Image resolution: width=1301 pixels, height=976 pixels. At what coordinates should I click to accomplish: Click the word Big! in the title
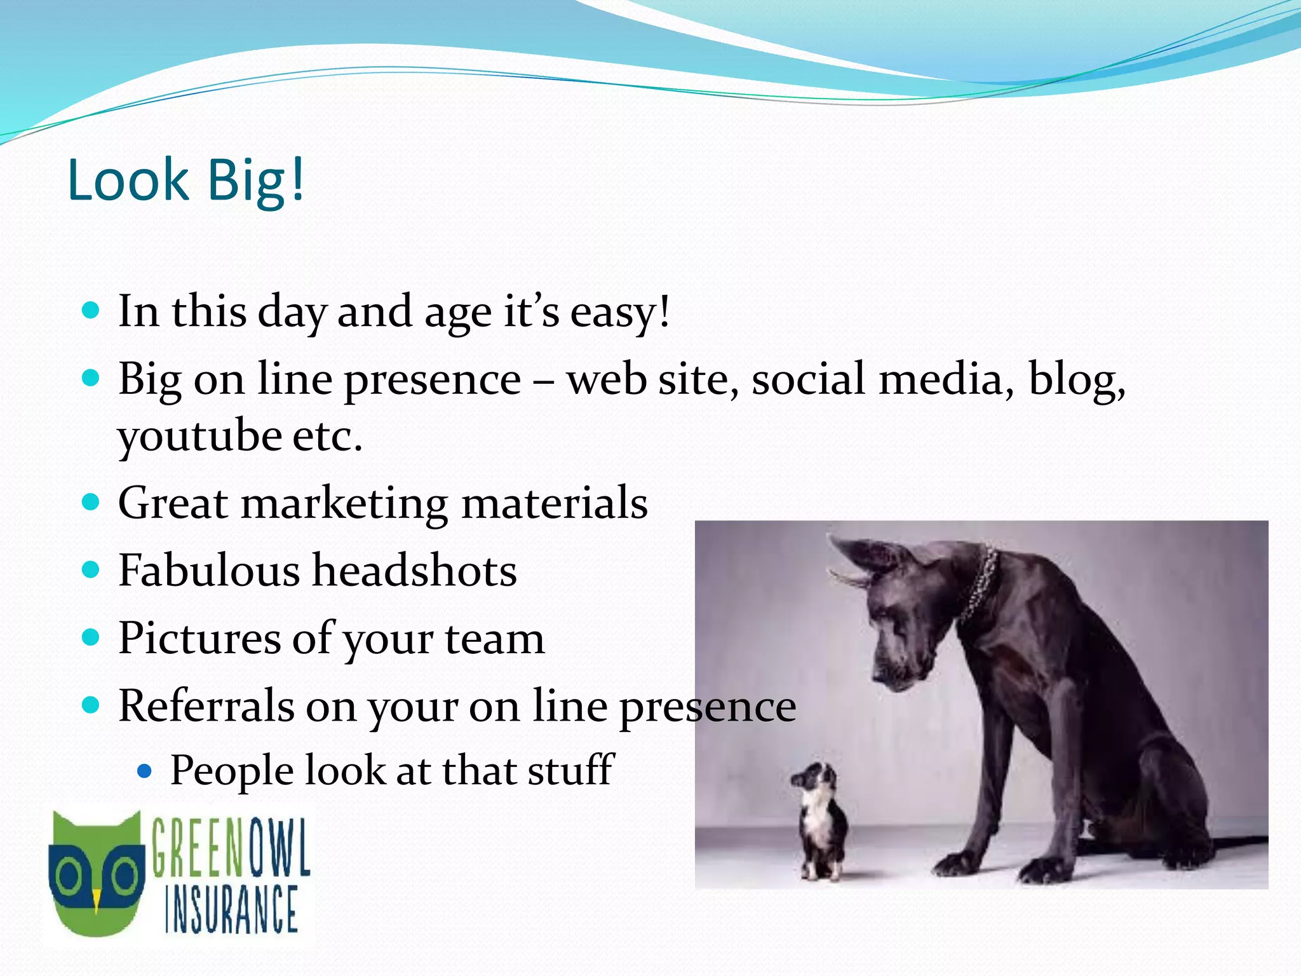coord(256,181)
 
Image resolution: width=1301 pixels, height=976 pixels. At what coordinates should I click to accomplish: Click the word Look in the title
coord(128,180)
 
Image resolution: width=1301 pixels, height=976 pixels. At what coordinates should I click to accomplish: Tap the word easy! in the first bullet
coord(620,312)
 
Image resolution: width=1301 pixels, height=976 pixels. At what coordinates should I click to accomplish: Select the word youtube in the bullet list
coord(199,437)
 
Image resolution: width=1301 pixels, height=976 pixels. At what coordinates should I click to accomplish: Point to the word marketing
coord(344,503)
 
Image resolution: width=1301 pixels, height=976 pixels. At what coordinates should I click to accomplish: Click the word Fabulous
coord(209,570)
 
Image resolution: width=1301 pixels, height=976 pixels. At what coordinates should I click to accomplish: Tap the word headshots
coord(415,570)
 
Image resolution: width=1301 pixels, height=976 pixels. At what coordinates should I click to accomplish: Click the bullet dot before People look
coord(145,771)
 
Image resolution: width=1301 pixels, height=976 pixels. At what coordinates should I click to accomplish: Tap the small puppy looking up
coord(822,820)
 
